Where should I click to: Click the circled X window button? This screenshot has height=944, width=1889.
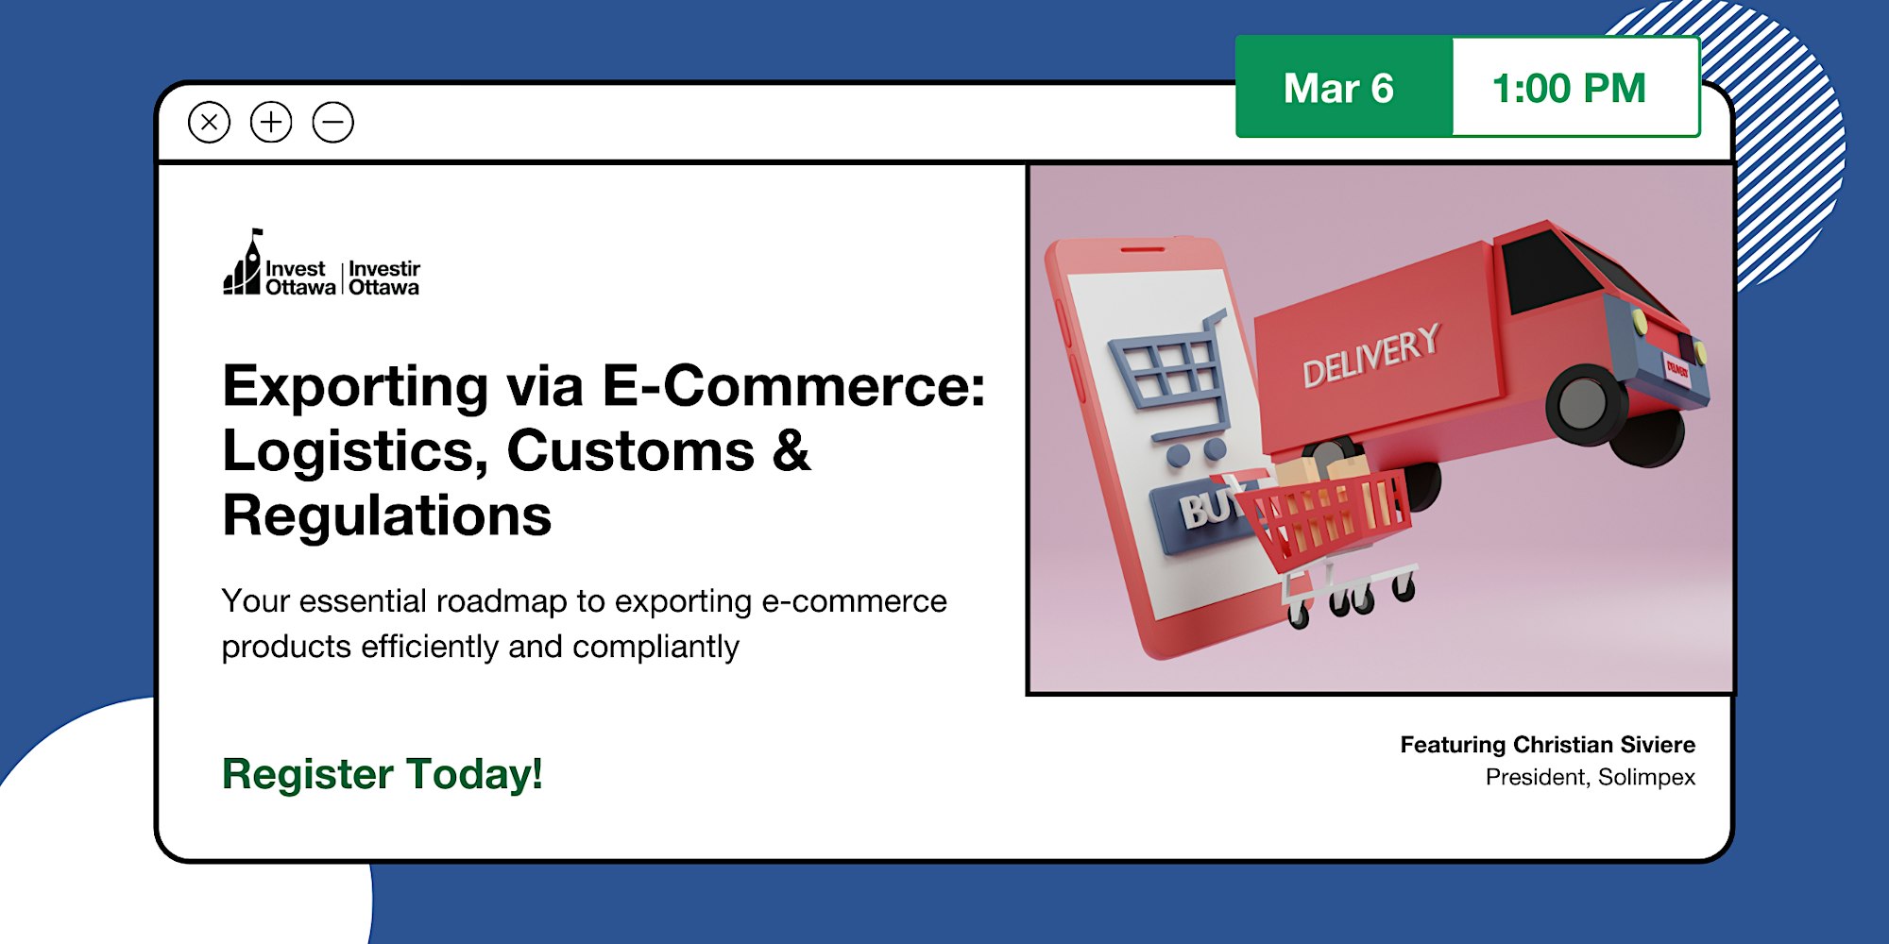click(209, 123)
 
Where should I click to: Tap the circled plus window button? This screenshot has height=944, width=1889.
click(271, 123)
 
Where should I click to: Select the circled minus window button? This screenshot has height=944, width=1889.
click(333, 123)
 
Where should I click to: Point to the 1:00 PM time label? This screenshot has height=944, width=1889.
click(1569, 89)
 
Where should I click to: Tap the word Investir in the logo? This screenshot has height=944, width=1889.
click(384, 269)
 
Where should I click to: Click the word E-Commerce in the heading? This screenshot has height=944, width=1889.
click(793, 386)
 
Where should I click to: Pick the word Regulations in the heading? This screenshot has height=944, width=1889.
click(387, 515)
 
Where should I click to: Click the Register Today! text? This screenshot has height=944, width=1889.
click(383, 774)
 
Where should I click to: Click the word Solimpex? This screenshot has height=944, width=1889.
click(1647, 778)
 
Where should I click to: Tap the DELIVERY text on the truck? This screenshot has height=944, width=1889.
click(1371, 355)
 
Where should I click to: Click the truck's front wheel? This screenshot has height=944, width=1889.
click(1586, 404)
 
